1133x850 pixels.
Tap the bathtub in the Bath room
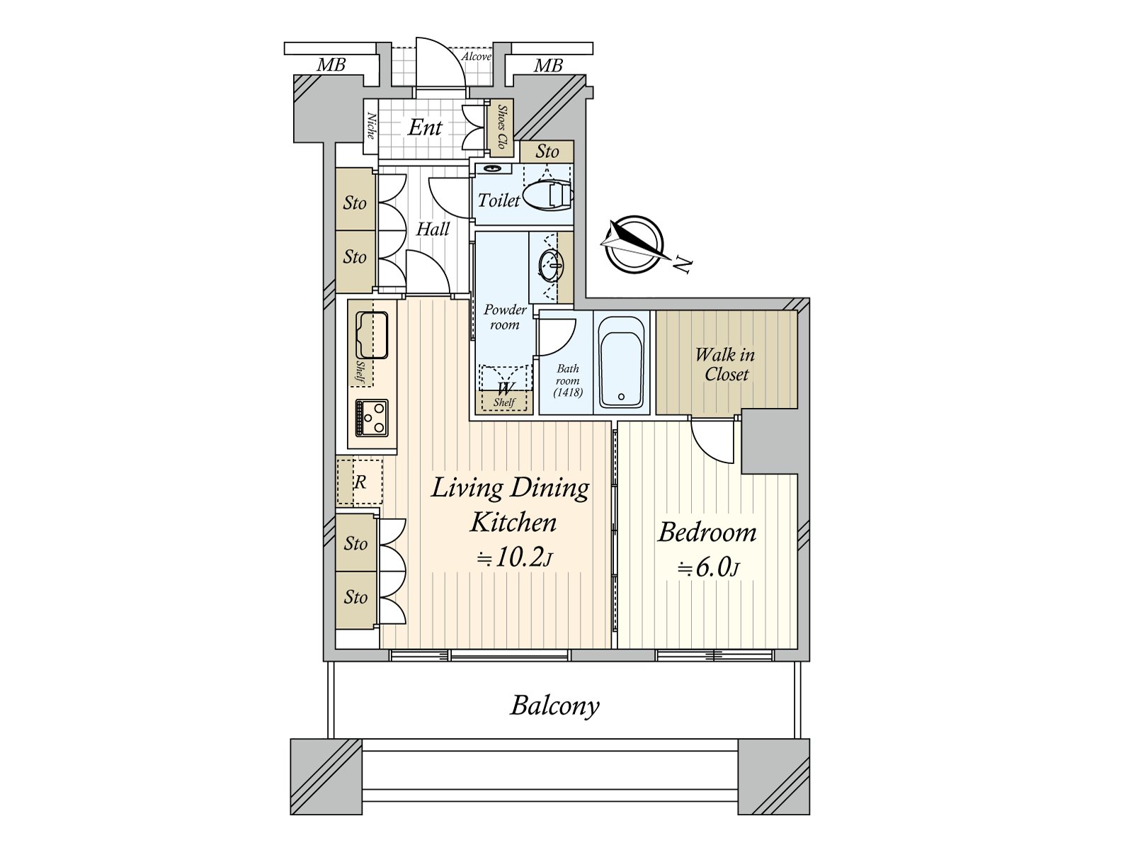point(622,363)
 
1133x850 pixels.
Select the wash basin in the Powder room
point(551,266)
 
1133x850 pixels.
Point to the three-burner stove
point(372,418)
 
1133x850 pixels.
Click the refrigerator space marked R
point(360,482)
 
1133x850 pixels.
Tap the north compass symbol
point(634,244)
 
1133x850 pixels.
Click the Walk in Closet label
point(725,364)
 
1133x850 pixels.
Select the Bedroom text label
point(707,532)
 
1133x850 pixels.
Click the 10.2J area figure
point(516,558)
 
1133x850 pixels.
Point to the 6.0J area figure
point(708,568)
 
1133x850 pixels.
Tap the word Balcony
point(555,705)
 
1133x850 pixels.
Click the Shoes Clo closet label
point(501,128)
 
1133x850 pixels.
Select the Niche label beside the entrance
point(370,126)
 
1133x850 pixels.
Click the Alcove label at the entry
point(476,57)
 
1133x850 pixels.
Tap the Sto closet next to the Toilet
point(547,152)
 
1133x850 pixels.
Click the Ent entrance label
point(425,127)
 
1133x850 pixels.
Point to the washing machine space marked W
point(504,387)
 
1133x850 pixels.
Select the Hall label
point(433,229)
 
